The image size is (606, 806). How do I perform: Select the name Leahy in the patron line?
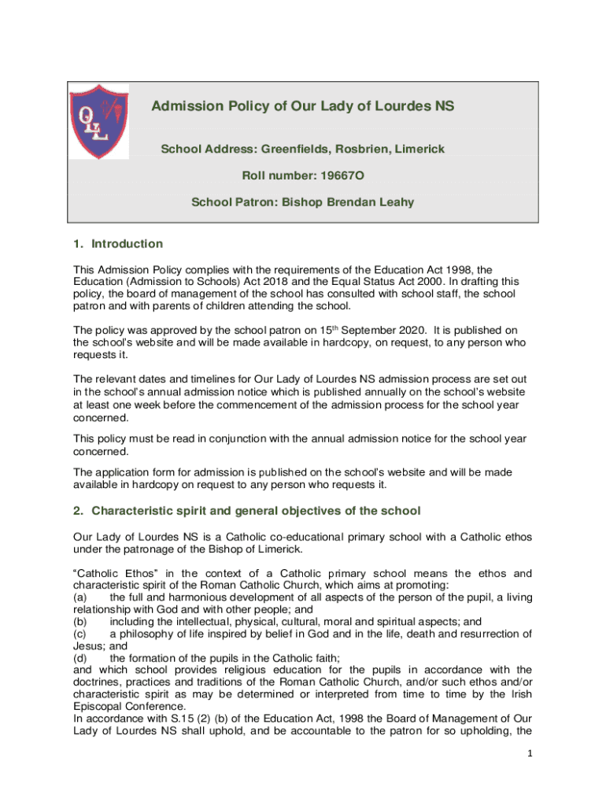coord(395,202)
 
